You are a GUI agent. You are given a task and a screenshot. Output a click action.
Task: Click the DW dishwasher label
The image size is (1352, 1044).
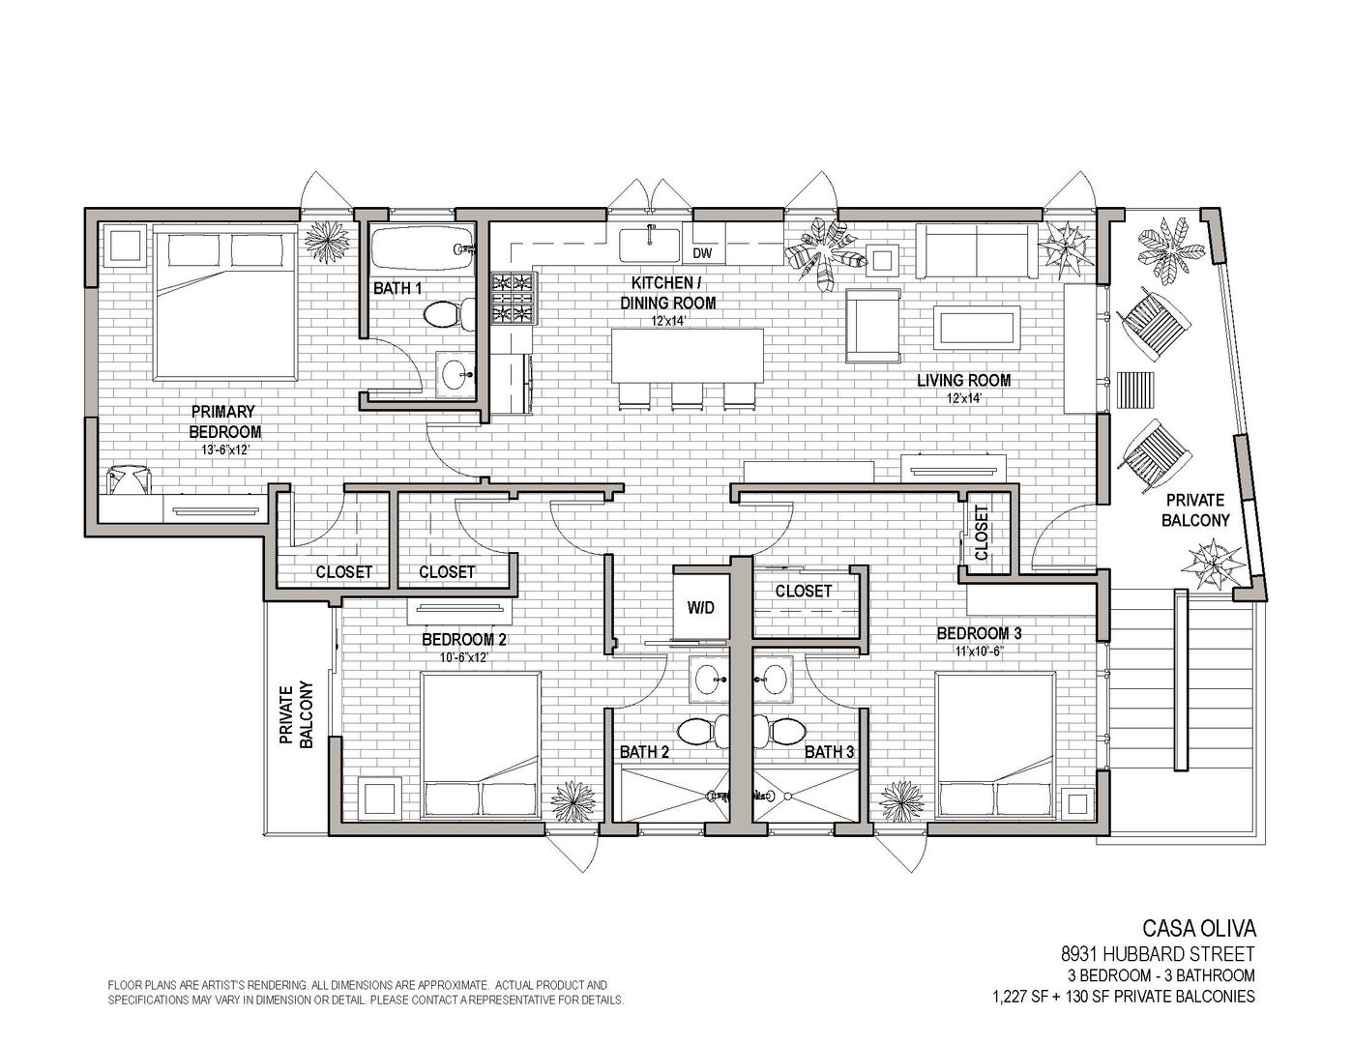pos(702,253)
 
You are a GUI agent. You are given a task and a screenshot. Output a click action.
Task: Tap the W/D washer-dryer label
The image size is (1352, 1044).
pos(700,607)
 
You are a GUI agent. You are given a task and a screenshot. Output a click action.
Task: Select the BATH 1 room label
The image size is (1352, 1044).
pos(397,288)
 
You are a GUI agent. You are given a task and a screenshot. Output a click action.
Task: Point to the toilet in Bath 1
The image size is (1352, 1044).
pos(448,315)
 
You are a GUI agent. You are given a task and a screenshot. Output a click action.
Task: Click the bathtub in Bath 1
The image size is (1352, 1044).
pos(422,248)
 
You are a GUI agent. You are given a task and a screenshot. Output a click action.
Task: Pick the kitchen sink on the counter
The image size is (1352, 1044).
pos(649,245)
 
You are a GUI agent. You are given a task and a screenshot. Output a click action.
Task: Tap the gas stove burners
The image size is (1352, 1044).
pos(514,299)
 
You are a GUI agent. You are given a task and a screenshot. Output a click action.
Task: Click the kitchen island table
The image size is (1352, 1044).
pos(688,355)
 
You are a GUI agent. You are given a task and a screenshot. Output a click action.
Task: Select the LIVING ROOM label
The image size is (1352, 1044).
pos(964,380)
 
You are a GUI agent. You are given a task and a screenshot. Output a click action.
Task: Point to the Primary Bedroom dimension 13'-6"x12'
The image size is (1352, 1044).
pos(224,450)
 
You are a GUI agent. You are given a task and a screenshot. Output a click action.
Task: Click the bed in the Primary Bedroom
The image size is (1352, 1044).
pos(224,303)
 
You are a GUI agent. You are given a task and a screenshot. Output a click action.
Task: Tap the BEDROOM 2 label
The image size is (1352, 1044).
pos(463,639)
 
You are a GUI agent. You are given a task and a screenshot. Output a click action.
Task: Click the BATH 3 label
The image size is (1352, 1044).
pos(829,752)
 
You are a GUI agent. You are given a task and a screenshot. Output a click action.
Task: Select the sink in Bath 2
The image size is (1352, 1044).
pos(707,679)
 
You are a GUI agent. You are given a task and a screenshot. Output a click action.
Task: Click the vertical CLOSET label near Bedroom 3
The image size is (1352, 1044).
pos(982,533)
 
